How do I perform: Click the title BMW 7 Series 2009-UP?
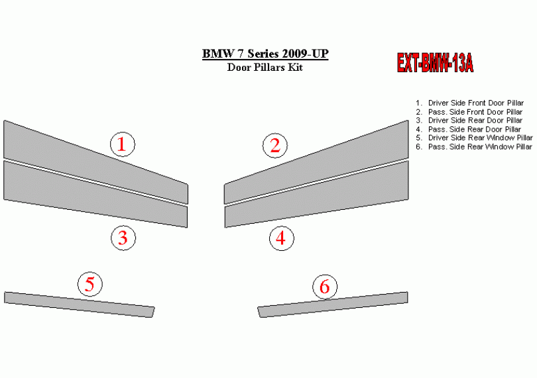265,54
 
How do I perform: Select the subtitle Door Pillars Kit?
265,67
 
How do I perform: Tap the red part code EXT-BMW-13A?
435,63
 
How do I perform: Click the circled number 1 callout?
123,144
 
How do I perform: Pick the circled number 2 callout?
275,146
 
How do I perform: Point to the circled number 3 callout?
123,238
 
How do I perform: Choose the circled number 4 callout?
282,238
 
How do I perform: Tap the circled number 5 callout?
90,284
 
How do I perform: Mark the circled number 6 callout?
325,287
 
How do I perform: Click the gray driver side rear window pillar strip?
80,305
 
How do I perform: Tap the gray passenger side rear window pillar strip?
333,305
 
